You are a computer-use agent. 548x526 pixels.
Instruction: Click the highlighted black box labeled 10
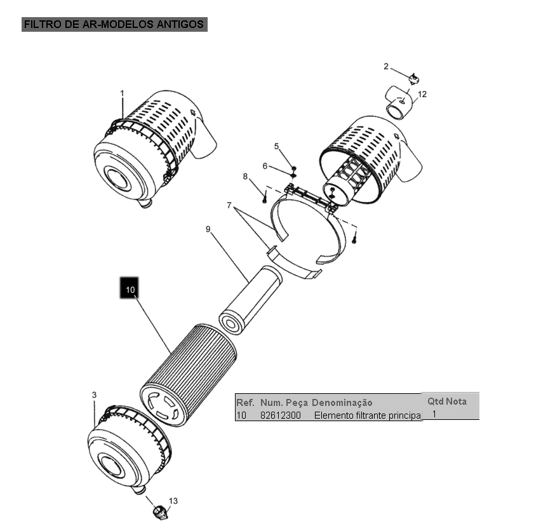(x=130, y=288)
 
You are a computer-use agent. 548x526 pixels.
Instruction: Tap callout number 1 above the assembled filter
(x=122, y=93)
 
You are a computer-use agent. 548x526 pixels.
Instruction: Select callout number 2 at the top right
(x=386, y=67)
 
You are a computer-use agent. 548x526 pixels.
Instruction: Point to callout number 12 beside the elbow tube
(x=422, y=94)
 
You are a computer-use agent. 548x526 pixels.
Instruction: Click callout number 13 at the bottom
(x=173, y=501)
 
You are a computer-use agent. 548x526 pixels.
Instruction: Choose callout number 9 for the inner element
(x=208, y=229)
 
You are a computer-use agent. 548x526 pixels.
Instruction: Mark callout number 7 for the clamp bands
(x=229, y=205)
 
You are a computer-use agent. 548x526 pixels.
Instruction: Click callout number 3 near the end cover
(x=94, y=395)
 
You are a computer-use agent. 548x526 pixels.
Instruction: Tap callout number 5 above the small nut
(x=276, y=146)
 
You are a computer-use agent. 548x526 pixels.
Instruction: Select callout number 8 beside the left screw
(x=245, y=177)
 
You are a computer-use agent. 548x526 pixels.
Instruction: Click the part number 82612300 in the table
(x=280, y=415)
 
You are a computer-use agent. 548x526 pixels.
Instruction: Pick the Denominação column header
(x=342, y=403)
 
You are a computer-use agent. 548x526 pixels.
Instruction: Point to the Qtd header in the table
(x=436, y=401)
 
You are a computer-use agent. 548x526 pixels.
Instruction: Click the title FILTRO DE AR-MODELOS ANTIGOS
(x=114, y=24)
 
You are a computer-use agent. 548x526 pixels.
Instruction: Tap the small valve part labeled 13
(x=161, y=511)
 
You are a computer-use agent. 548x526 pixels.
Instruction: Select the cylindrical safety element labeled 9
(x=250, y=299)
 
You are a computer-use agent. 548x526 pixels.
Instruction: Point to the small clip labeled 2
(x=414, y=79)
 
